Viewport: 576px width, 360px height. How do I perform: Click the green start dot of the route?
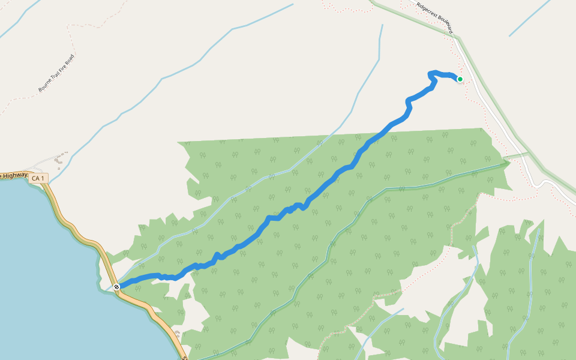(x=460, y=79)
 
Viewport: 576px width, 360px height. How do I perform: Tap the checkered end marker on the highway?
(x=116, y=287)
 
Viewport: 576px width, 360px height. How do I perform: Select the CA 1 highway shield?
(x=38, y=178)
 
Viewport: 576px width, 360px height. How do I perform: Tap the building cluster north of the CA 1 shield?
(x=59, y=160)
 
